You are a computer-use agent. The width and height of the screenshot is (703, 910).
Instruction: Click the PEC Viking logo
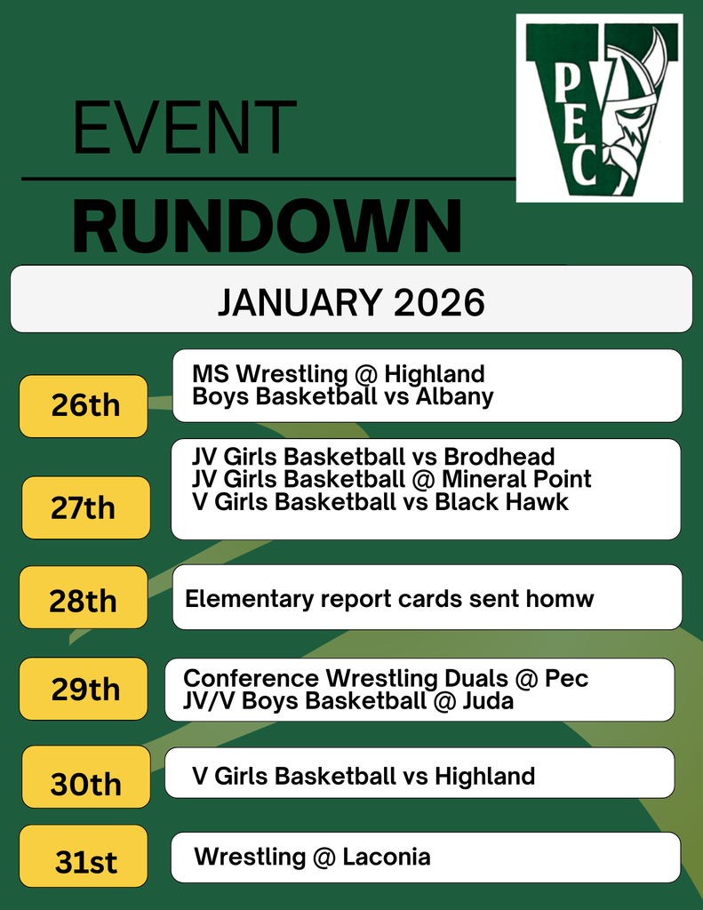pyautogui.click(x=599, y=108)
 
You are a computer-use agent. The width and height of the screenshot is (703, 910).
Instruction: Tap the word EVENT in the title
pyautogui.click(x=184, y=129)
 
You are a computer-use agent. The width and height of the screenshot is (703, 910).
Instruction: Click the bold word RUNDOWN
pyautogui.click(x=267, y=227)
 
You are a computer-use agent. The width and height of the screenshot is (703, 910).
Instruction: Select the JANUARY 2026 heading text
pyautogui.click(x=351, y=302)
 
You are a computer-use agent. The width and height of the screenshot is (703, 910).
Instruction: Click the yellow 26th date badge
pyautogui.click(x=84, y=406)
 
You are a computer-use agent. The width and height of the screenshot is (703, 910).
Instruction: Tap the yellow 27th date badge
pyautogui.click(x=85, y=508)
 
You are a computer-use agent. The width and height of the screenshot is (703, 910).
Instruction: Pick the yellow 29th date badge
pyautogui.click(x=84, y=689)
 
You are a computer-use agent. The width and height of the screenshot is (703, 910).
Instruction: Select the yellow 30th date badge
pyautogui.click(x=85, y=784)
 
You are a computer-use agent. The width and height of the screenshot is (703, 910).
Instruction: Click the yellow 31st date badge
pyautogui.click(x=84, y=861)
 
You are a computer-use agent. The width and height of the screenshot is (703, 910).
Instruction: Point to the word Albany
pyautogui.click(x=455, y=396)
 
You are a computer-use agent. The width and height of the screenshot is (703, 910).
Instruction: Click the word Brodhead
pyautogui.click(x=499, y=457)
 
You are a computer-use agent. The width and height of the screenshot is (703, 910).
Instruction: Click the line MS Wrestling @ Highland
pyautogui.click(x=338, y=374)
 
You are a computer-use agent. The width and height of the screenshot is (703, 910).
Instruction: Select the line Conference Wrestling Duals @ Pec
pyautogui.click(x=385, y=679)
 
